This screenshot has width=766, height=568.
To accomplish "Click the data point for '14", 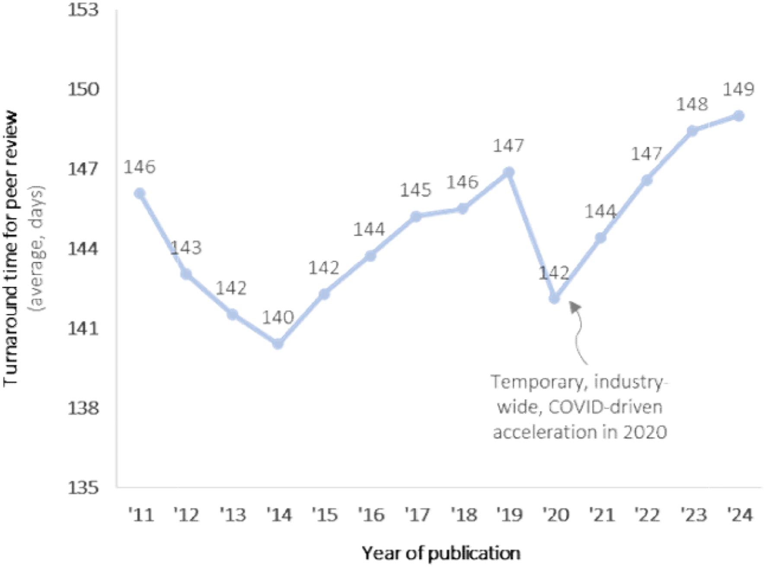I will [278, 344].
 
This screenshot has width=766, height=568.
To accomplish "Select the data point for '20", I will [554, 298].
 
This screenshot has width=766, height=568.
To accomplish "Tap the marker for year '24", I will [739, 116].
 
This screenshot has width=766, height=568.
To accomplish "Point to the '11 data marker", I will [139, 193].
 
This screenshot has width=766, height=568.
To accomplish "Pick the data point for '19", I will [509, 172].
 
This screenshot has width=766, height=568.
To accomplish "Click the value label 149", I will [738, 89].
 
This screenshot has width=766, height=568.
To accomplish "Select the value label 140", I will [278, 317].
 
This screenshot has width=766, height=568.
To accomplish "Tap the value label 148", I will [692, 104].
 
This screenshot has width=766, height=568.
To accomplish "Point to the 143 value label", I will [186, 248].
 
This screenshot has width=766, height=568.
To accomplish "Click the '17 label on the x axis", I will [418, 515].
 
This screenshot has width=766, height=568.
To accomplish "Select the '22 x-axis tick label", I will [648, 515].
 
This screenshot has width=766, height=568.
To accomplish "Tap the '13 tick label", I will [233, 515].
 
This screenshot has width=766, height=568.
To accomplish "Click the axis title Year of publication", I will [441, 553].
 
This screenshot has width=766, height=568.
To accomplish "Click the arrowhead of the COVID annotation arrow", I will [574, 306].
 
